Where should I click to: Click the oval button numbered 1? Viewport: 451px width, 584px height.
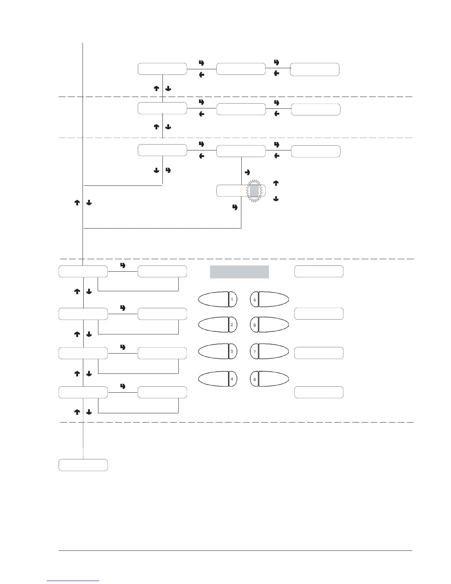pos(218,299)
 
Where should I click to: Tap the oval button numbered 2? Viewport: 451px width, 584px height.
pos(218,324)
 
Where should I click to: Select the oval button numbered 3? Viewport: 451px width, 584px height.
pos(218,351)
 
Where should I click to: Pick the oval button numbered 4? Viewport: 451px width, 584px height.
pos(218,379)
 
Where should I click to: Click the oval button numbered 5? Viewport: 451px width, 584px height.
pos(269,299)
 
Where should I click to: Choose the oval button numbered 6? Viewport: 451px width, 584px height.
pos(269,324)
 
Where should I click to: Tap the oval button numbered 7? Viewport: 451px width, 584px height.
pos(269,351)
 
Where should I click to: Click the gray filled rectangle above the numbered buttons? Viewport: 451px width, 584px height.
pos(239,272)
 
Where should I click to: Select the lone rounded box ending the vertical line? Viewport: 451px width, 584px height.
pos(83,465)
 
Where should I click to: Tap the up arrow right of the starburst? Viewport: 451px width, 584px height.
pos(276,183)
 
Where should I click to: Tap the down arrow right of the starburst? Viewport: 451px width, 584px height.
pos(276,199)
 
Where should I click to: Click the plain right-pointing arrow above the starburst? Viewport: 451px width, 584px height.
pos(247,172)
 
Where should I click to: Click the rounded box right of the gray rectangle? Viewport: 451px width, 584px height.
pos(319,271)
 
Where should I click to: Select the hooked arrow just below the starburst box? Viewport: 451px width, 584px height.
pos(235,208)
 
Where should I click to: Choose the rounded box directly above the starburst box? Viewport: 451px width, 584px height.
pos(241,151)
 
